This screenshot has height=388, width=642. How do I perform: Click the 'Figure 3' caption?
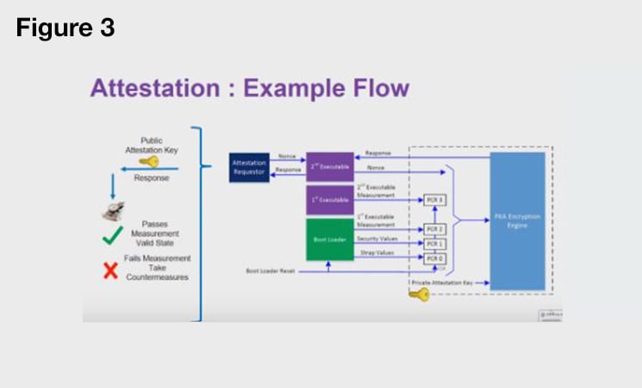coord(65,27)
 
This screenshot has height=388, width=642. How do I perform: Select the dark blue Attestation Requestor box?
coord(250,167)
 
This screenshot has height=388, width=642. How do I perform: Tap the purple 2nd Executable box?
coord(330,166)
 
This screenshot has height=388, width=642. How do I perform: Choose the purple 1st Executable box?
coord(330,199)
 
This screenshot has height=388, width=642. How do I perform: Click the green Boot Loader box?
coord(330,239)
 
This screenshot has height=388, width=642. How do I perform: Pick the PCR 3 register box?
coord(434,200)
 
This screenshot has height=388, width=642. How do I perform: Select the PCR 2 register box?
coord(434,229)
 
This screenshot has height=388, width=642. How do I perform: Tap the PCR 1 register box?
coord(434,244)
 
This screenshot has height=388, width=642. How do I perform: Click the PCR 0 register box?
coord(434,258)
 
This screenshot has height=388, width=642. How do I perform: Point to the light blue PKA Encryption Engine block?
coord(517,221)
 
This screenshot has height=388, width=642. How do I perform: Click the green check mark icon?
coord(112,233)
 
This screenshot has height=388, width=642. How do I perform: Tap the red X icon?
coord(110,271)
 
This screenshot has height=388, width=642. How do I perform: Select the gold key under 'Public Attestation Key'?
coord(148,161)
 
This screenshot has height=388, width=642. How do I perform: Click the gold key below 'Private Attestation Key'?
coord(419,295)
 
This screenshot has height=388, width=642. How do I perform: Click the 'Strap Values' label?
coord(377,253)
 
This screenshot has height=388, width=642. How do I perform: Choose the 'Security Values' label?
coord(377,238)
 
